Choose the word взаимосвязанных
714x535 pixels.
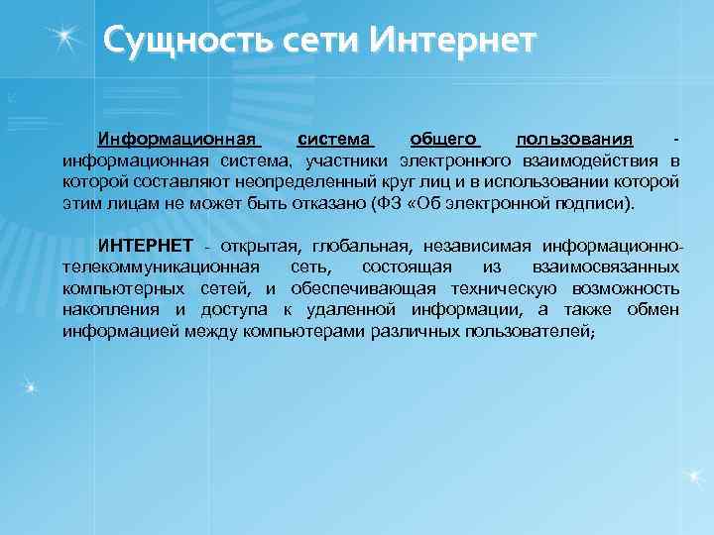click(606, 267)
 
